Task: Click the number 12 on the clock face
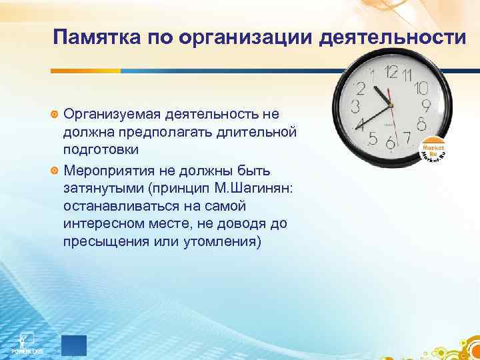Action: [392, 72]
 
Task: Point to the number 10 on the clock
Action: [421, 88]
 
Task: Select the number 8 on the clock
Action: [421, 124]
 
